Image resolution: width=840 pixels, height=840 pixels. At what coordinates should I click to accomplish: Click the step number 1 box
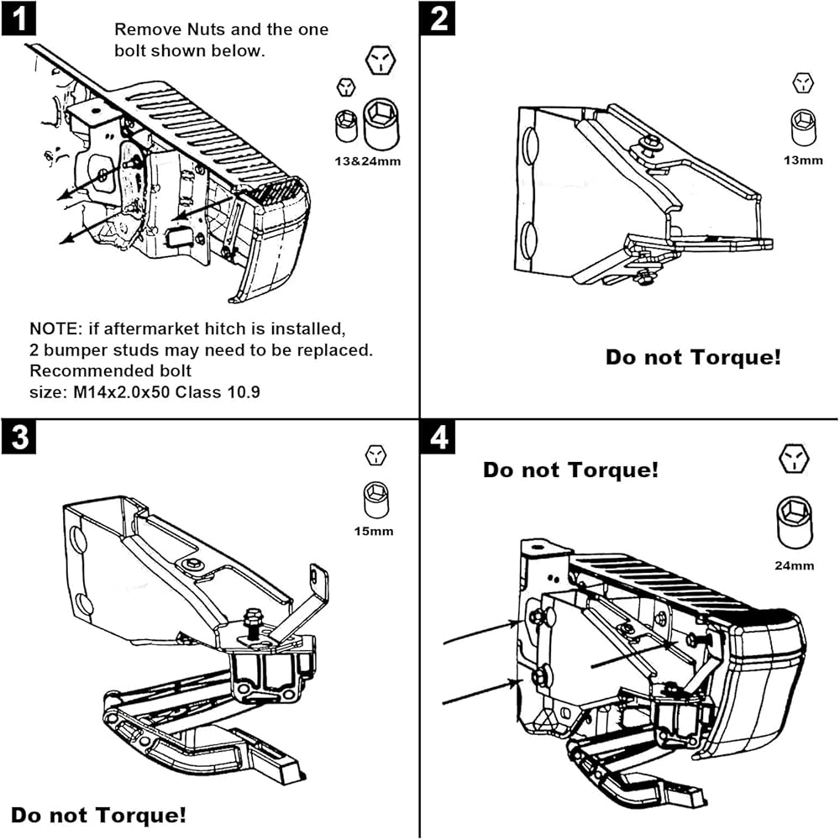click(18, 18)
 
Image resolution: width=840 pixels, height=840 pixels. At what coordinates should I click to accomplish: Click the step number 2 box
click(439, 18)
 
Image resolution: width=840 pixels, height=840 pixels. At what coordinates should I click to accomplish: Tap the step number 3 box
click(18, 437)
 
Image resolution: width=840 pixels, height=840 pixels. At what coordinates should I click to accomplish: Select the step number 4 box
click(439, 437)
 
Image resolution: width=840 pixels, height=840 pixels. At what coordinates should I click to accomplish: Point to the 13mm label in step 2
click(803, 160)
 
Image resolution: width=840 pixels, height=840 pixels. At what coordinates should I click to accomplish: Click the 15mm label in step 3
click(375, 531)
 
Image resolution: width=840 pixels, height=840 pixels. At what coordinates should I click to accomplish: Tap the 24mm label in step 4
click(794, 565)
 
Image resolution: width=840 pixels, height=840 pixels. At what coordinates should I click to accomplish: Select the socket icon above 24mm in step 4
click(794, 522)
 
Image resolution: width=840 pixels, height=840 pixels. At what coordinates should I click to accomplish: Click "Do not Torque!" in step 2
click(693, 357)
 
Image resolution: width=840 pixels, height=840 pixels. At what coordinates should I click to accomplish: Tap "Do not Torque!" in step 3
click(98, 814)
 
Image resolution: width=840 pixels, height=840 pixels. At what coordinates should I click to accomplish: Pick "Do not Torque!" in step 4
click(570, 470)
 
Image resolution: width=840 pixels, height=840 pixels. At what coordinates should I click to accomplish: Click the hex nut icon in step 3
click(375, 455)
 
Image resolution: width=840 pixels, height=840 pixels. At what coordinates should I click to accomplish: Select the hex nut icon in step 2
click(804, 82)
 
